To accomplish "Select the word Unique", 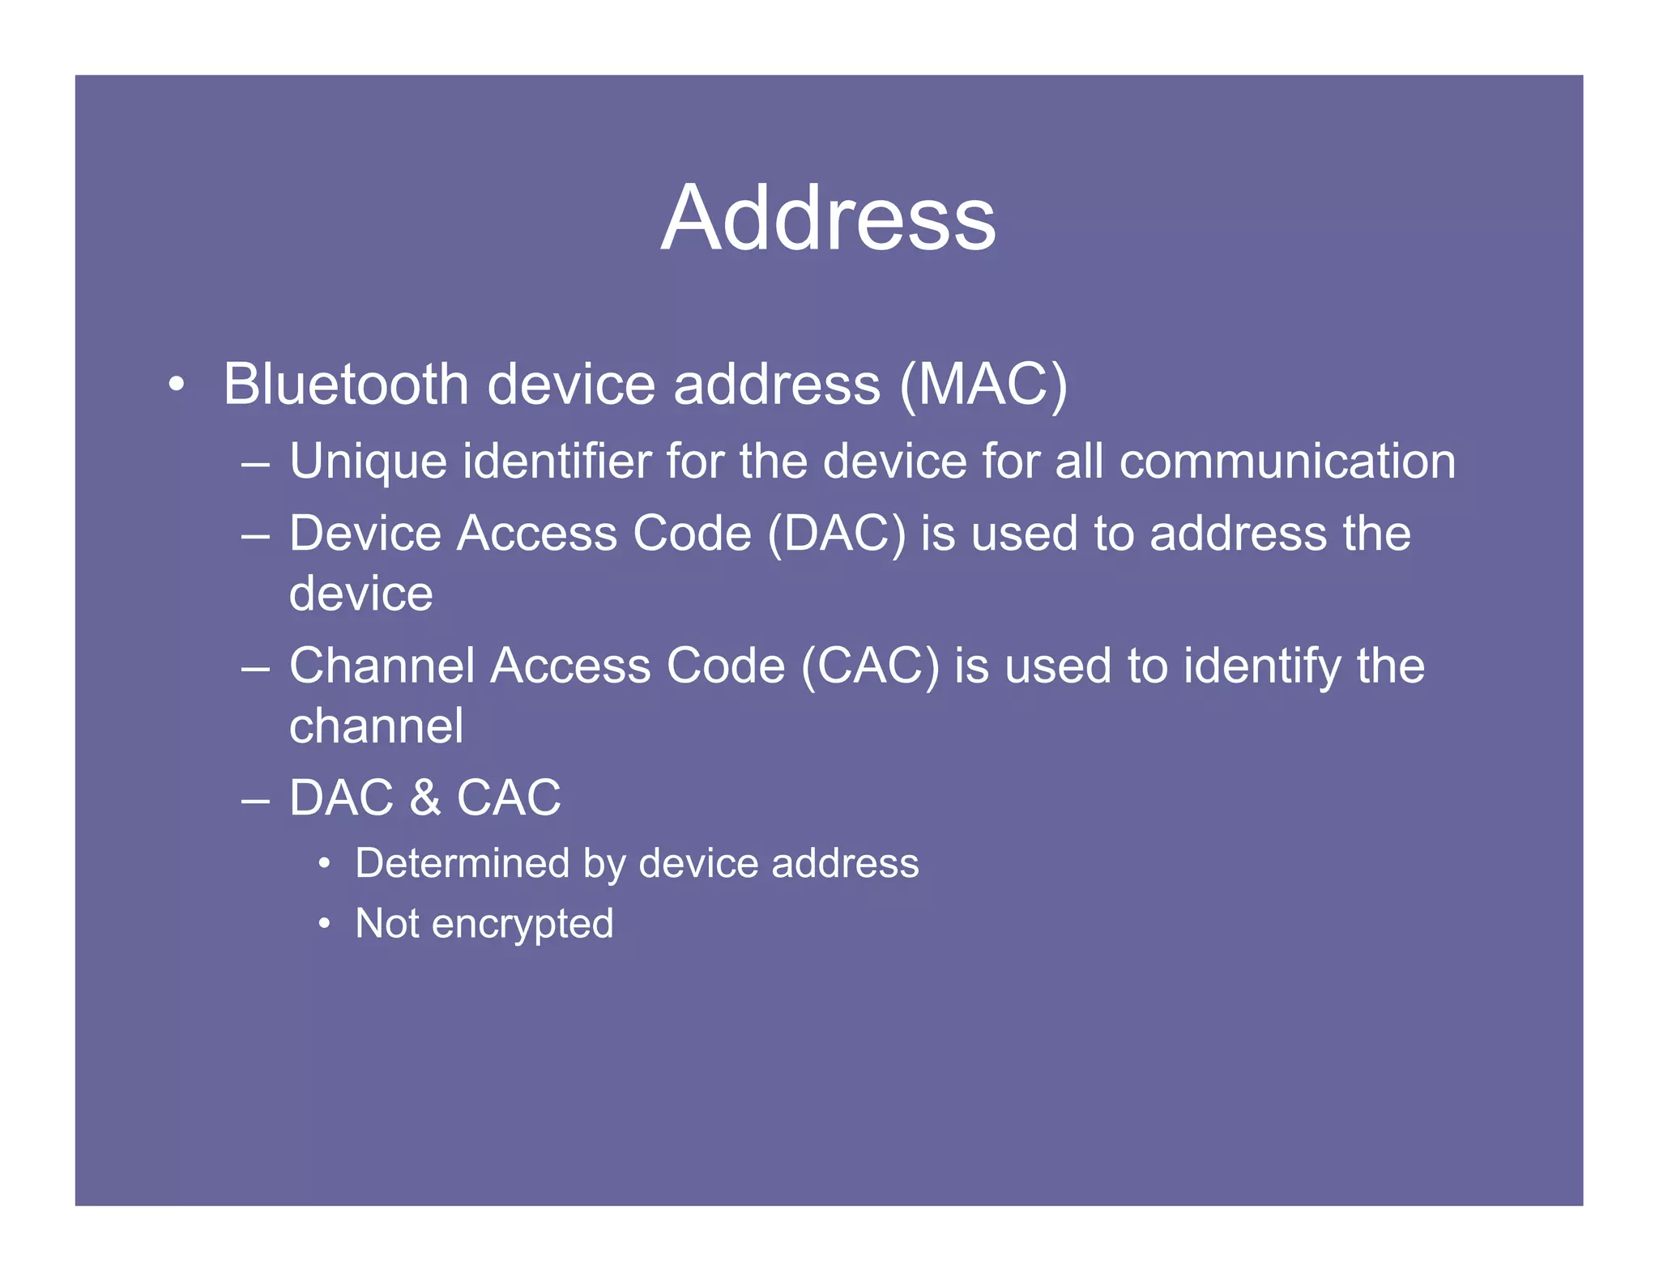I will (368, 462).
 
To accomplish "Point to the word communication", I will (1287, 462).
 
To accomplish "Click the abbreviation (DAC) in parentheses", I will (836, 534).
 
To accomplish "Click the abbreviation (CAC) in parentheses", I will (870, 666).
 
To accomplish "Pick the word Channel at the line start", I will (382, 666).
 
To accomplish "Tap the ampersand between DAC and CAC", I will (425, 798).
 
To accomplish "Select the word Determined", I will (462, 863).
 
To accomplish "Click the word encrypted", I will (522, 925).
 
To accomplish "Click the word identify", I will (1263, 666).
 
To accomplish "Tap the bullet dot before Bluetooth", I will (177, 385).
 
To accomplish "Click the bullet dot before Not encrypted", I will (324, 924).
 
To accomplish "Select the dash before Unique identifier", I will (255, 465).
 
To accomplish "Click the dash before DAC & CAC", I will (255, 801).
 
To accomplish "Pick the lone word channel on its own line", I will (377, 726).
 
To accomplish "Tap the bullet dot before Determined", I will (324, 863).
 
